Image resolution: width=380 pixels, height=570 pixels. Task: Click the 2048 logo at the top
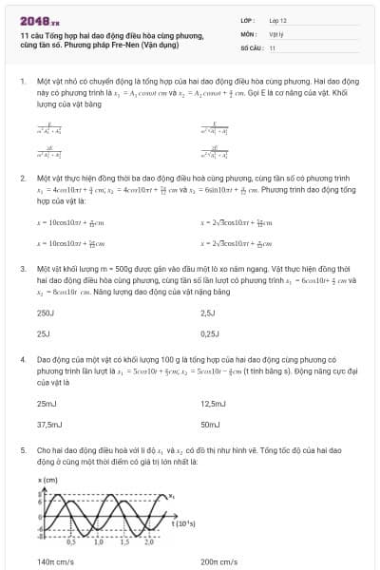click(x=39, y=19)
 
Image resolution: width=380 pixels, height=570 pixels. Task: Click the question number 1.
click(x=22, y=83)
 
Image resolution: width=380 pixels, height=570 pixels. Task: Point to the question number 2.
click(x=22, y=178)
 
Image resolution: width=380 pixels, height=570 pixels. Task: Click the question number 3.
click(x=22, y=269)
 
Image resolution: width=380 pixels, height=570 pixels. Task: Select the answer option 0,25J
click(x=210, y=333)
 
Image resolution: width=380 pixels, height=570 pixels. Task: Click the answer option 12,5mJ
click(x=214, y=404)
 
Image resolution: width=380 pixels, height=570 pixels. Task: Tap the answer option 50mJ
click(x=210, y=425)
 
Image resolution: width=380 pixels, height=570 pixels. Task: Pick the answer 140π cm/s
click(x=56, y=561)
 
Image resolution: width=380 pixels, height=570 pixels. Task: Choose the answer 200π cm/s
click(x=219, y=561)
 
